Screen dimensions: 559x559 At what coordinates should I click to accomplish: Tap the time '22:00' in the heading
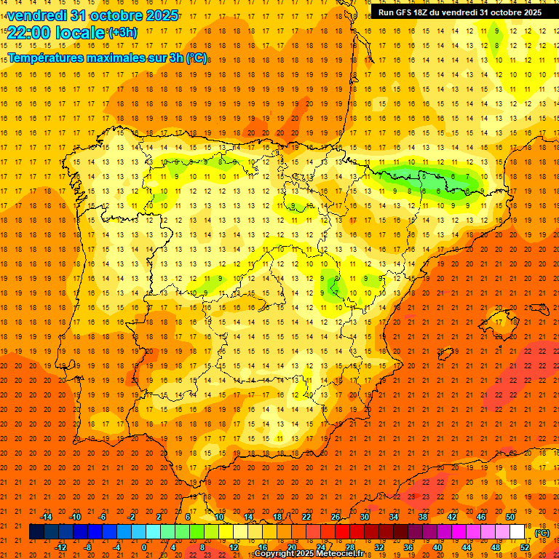(x=28, y=32)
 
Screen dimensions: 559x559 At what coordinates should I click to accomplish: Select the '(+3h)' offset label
(x=122, y=32)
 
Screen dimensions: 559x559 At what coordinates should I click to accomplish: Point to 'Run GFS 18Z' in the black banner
(x=403, y=12)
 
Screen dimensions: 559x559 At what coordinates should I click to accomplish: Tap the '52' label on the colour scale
(x=525, y=547)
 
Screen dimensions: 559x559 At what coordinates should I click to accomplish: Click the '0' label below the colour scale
(x=144, y=547)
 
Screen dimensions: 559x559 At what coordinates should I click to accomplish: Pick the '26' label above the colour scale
(x=336, y=517)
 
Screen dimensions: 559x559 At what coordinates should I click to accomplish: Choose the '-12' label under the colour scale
(x=60, y=547)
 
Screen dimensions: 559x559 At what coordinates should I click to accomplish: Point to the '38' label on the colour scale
(x=423, y=517)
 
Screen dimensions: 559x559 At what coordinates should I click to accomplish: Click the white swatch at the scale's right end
(x=518, y=532)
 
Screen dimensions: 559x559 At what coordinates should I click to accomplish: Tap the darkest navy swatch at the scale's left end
(x=36, y=532)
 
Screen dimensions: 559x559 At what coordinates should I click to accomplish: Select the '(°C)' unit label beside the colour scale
(x=542, y=533)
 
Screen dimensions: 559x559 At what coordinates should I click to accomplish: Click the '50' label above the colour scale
(x=510, y=517)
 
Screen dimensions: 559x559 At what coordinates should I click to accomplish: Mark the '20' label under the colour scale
(x=291, y=547)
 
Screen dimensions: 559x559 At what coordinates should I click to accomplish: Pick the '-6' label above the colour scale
(x=102, y=517)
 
